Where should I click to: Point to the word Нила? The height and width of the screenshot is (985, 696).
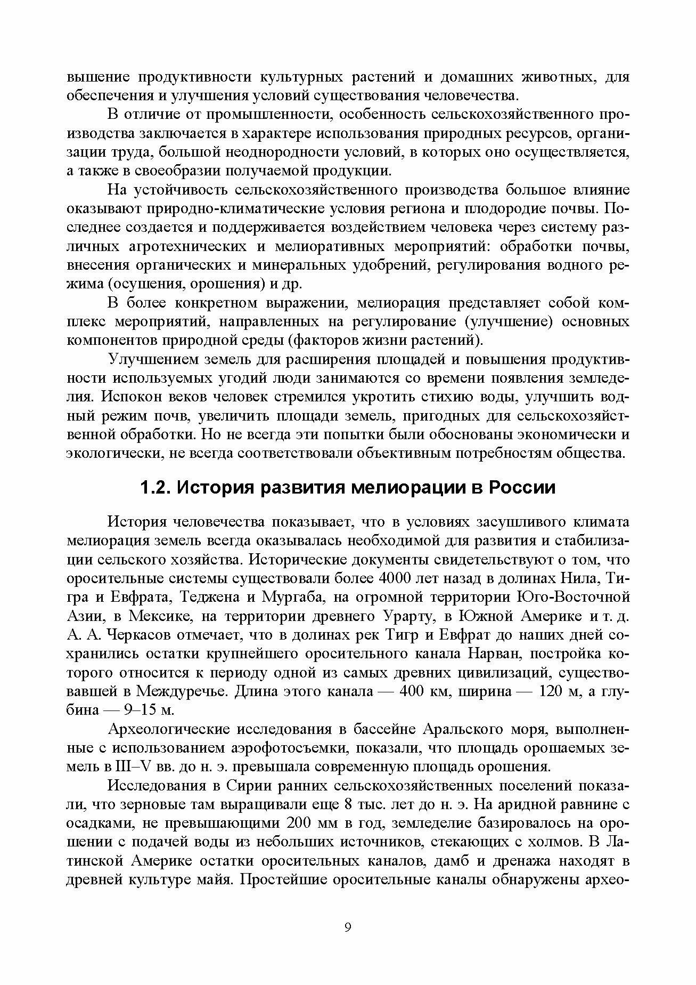coord(582,579)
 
